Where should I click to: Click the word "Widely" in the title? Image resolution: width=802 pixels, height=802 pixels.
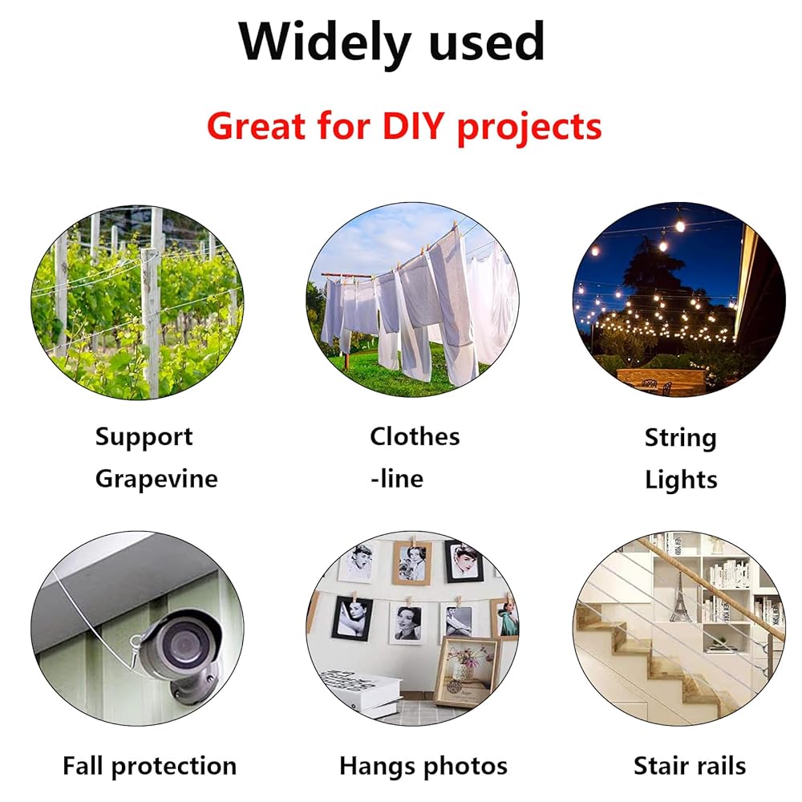pyautogui.click(x=325, y=43)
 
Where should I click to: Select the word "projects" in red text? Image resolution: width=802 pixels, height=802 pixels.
pyautogui.click(x=529, y=128)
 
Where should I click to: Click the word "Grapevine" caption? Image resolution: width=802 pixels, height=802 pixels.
pyautogui.click(x=156, y=480)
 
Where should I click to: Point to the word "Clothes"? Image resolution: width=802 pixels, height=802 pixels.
pyautogui.click(x=415, y=436)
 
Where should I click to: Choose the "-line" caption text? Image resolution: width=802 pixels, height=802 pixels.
pyautogui.click(x=397, y=479)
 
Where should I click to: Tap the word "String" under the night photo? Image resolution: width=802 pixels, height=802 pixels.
pyautogui.click(x=680, y=439)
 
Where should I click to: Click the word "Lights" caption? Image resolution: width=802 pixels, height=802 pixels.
pyautogui.click(x=681, y=480)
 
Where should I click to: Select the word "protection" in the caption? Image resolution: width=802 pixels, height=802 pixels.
pyautogui.click(x=174, y=767)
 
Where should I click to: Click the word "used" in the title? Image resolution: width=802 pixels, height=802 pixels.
pyautogui.click(x=487, y=43)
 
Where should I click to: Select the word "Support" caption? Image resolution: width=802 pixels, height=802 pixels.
pyautogui.click(x=144, y=438)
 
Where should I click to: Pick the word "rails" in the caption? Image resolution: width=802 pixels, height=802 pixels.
pyautogui.click(x=721, y=766)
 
